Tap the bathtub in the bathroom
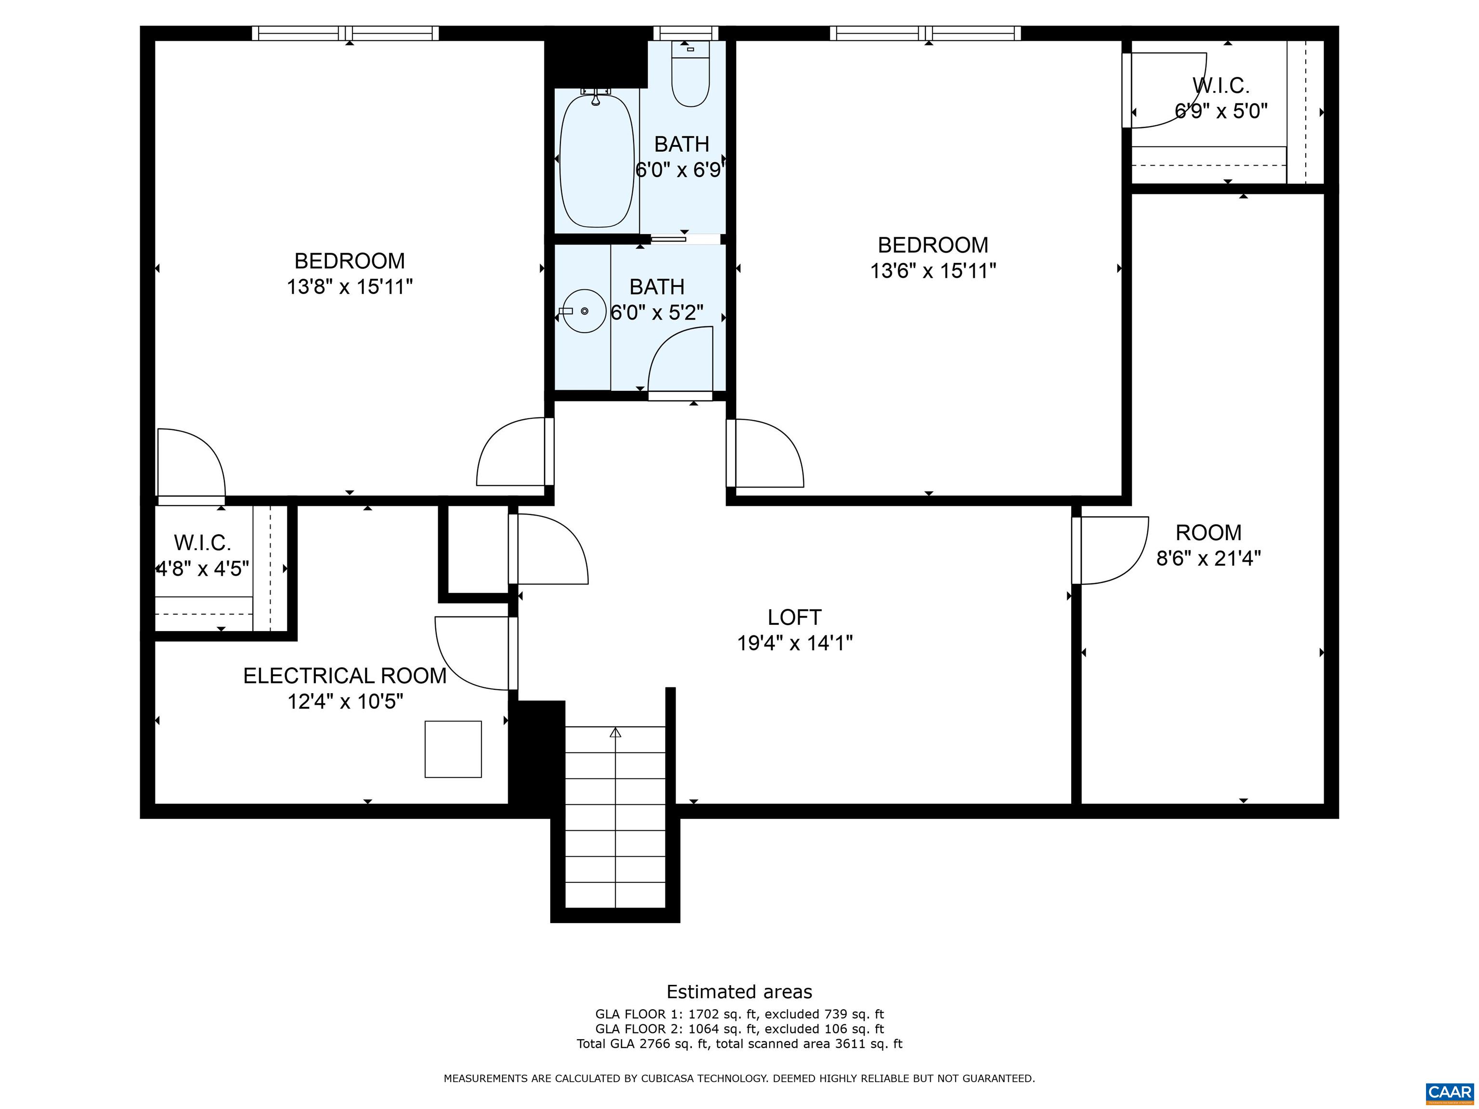tap(597, 160)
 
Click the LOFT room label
tap(794, 617)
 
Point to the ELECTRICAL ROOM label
tap(345, 676)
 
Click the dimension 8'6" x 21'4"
tap(1208, 558)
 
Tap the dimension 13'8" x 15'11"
tap(350, 287)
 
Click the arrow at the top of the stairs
tap(615, 733)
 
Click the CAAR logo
tap(1449, 1092)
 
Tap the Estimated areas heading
tap(739, 992)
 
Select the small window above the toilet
tap(686, 33)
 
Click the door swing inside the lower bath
tap(679, 361)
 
